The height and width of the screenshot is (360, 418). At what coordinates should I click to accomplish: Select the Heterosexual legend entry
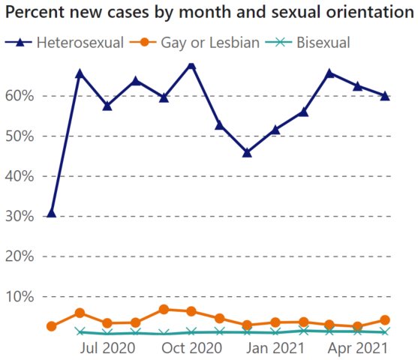click(79, 42)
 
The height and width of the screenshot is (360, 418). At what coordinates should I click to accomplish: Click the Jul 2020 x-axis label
click(107, 348)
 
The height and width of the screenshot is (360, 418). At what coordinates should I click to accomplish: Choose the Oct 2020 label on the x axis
click(191, 348)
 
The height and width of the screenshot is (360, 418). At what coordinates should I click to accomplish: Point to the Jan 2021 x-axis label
click(275, 348)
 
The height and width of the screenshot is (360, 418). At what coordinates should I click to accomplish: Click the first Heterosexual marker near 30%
click(51, 213)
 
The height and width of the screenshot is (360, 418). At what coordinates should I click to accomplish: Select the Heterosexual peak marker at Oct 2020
click(191, 65)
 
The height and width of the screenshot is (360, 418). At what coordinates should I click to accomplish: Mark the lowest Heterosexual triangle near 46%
click(247, 152)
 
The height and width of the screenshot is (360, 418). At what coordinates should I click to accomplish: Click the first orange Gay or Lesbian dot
click(51, 326)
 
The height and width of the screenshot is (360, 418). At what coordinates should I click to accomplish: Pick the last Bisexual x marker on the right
click(384, 331)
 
